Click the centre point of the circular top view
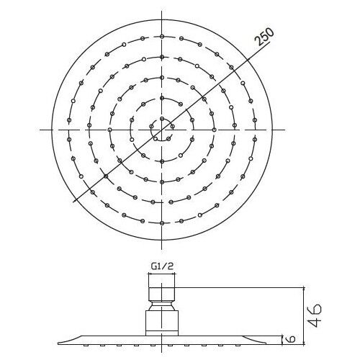[x=162, y=130]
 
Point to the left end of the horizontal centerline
[x=37, y=130]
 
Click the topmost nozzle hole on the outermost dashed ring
[x=162, y=36]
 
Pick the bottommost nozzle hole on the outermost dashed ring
[x=162, y=223]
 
